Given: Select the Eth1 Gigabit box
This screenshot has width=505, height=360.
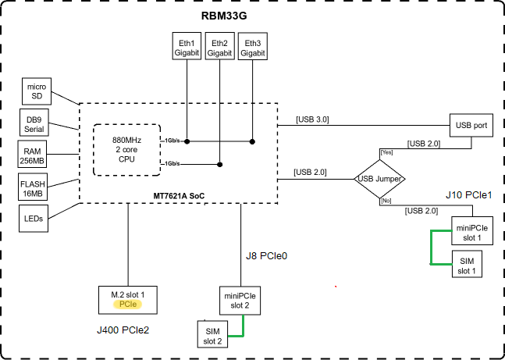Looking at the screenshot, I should coord(187,47).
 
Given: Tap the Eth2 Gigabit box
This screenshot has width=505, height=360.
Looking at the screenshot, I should coord(220,47).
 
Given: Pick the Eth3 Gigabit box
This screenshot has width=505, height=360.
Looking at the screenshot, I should coord(253,47).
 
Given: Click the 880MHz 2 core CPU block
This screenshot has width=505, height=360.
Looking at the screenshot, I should coord(127,150).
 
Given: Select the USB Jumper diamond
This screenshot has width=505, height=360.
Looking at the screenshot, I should coord(379,179).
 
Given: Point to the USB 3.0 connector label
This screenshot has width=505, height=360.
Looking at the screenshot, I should coord(312,119).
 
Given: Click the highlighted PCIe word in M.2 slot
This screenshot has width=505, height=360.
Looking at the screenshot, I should coord(128,304).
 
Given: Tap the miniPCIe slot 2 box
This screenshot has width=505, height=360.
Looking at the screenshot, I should coord(241,301).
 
